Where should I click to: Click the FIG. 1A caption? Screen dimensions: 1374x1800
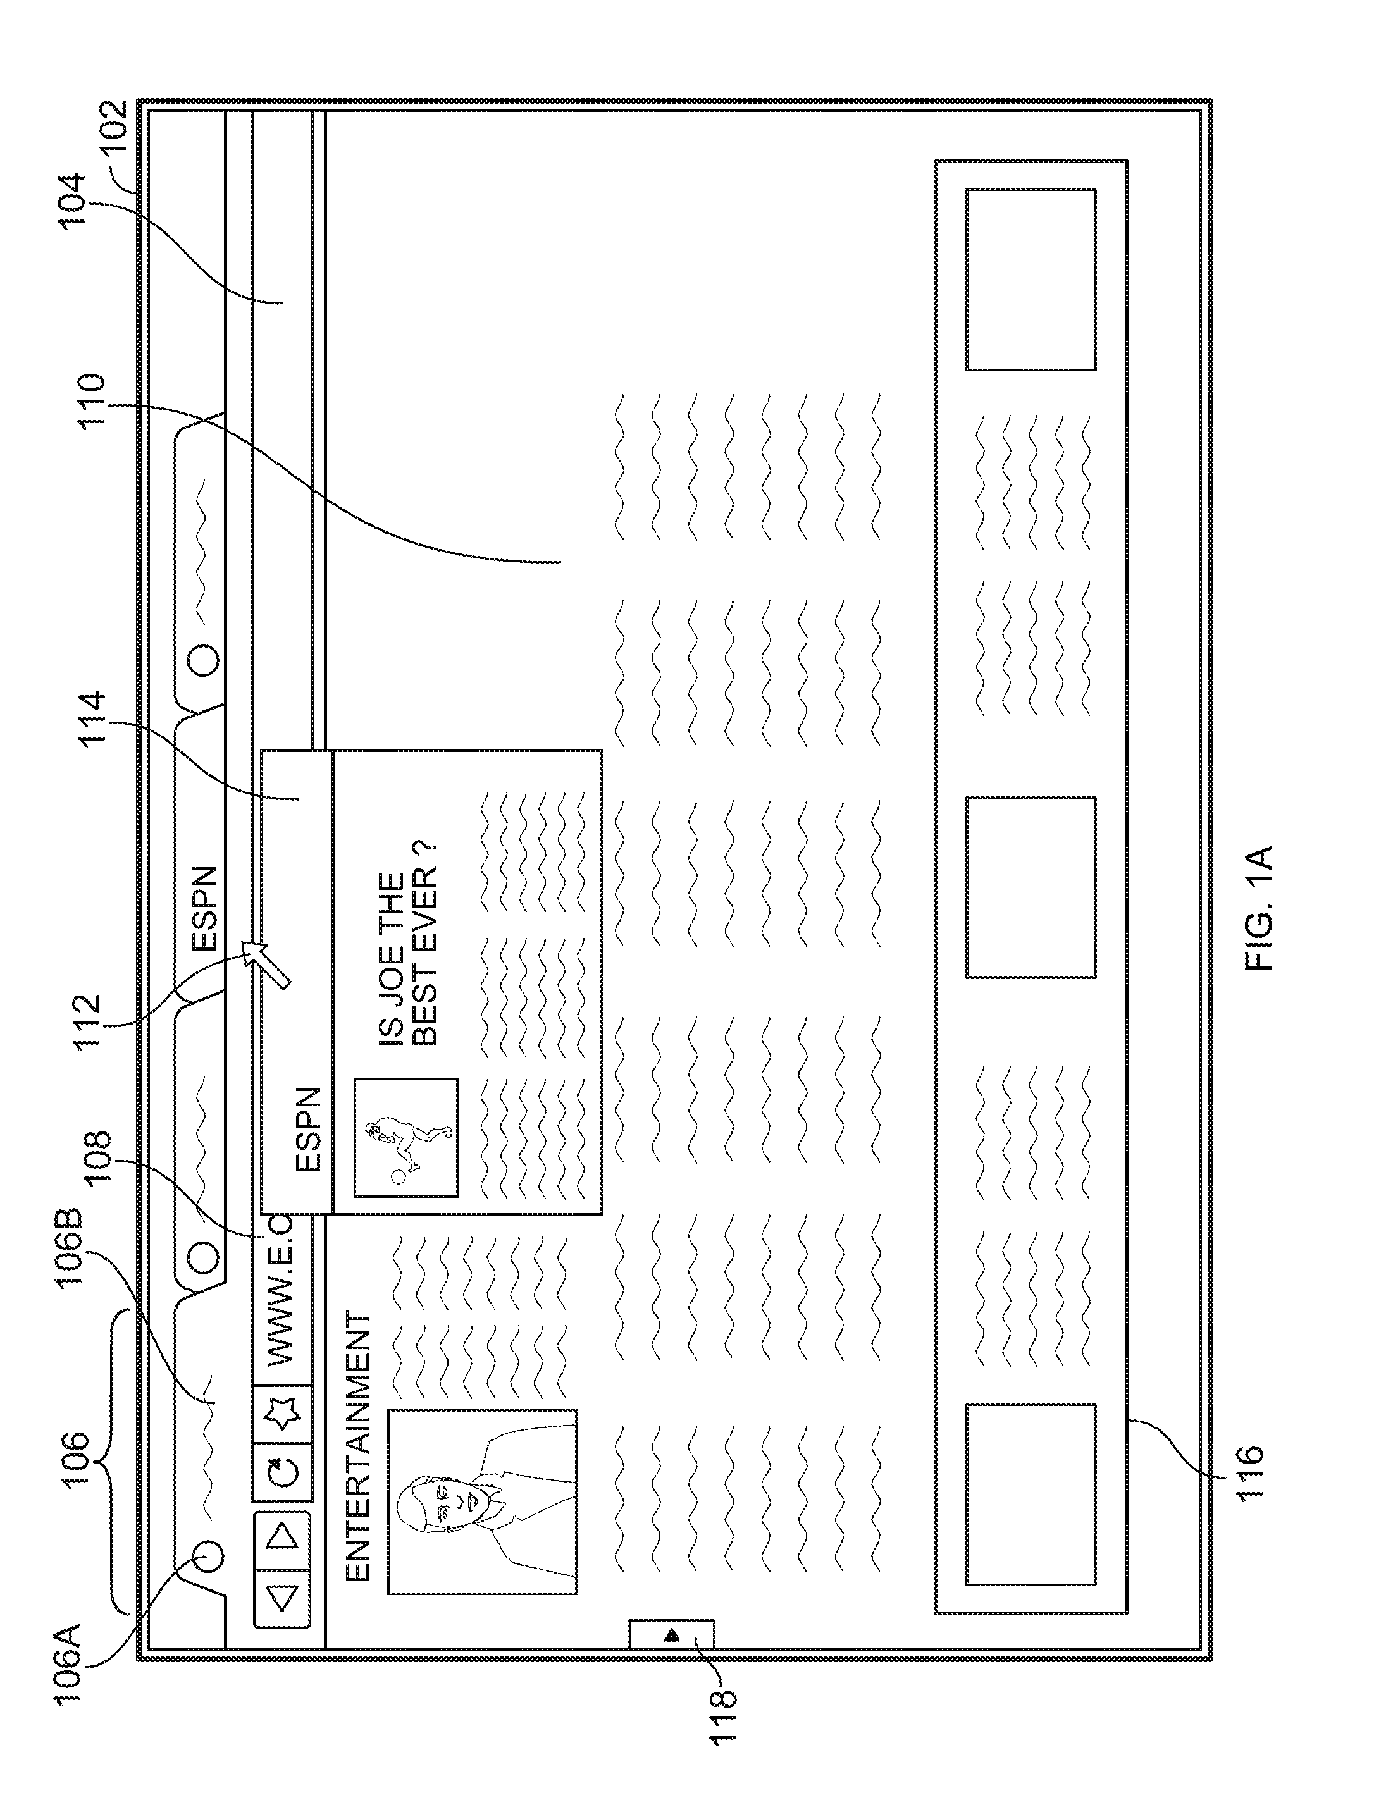pyautogui.click(x=1259, y=908)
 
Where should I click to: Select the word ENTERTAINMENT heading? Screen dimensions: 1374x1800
pyautogui.click(x=358, y=1448)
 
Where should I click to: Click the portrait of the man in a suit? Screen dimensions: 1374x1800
pyautogui.click(x=483, y=1501)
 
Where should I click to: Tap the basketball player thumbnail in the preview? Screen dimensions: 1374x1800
pyautogui.click(x=405, y=1138)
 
